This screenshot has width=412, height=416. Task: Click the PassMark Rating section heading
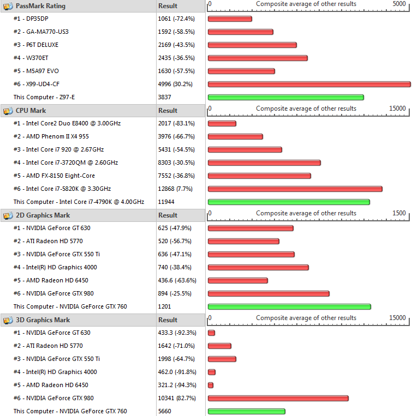(40, 6)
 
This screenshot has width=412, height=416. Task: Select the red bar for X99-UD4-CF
(309, 84)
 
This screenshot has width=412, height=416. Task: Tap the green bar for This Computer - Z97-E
(285, 97)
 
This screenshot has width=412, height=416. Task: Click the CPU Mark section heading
(31, 111)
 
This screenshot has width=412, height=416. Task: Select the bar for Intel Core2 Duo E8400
(222, 123)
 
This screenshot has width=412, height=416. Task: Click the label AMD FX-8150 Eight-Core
(60, 176)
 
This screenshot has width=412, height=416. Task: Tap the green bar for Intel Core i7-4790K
(289, 202)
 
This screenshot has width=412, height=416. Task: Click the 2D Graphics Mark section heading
(43, 215)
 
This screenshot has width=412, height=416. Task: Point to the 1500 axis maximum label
(399, 213)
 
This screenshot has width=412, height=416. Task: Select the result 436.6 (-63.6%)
(177, 280)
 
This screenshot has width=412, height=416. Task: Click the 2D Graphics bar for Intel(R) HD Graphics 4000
(258, 267)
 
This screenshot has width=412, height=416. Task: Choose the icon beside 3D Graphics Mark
(8, 320)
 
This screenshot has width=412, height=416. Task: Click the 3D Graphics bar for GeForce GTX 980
(278, 398)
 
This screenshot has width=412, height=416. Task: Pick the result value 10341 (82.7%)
(176, 398)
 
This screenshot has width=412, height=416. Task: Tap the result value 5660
(165, 411)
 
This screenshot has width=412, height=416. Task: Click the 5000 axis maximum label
(399, 4)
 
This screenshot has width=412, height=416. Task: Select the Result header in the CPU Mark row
(168, 111)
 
